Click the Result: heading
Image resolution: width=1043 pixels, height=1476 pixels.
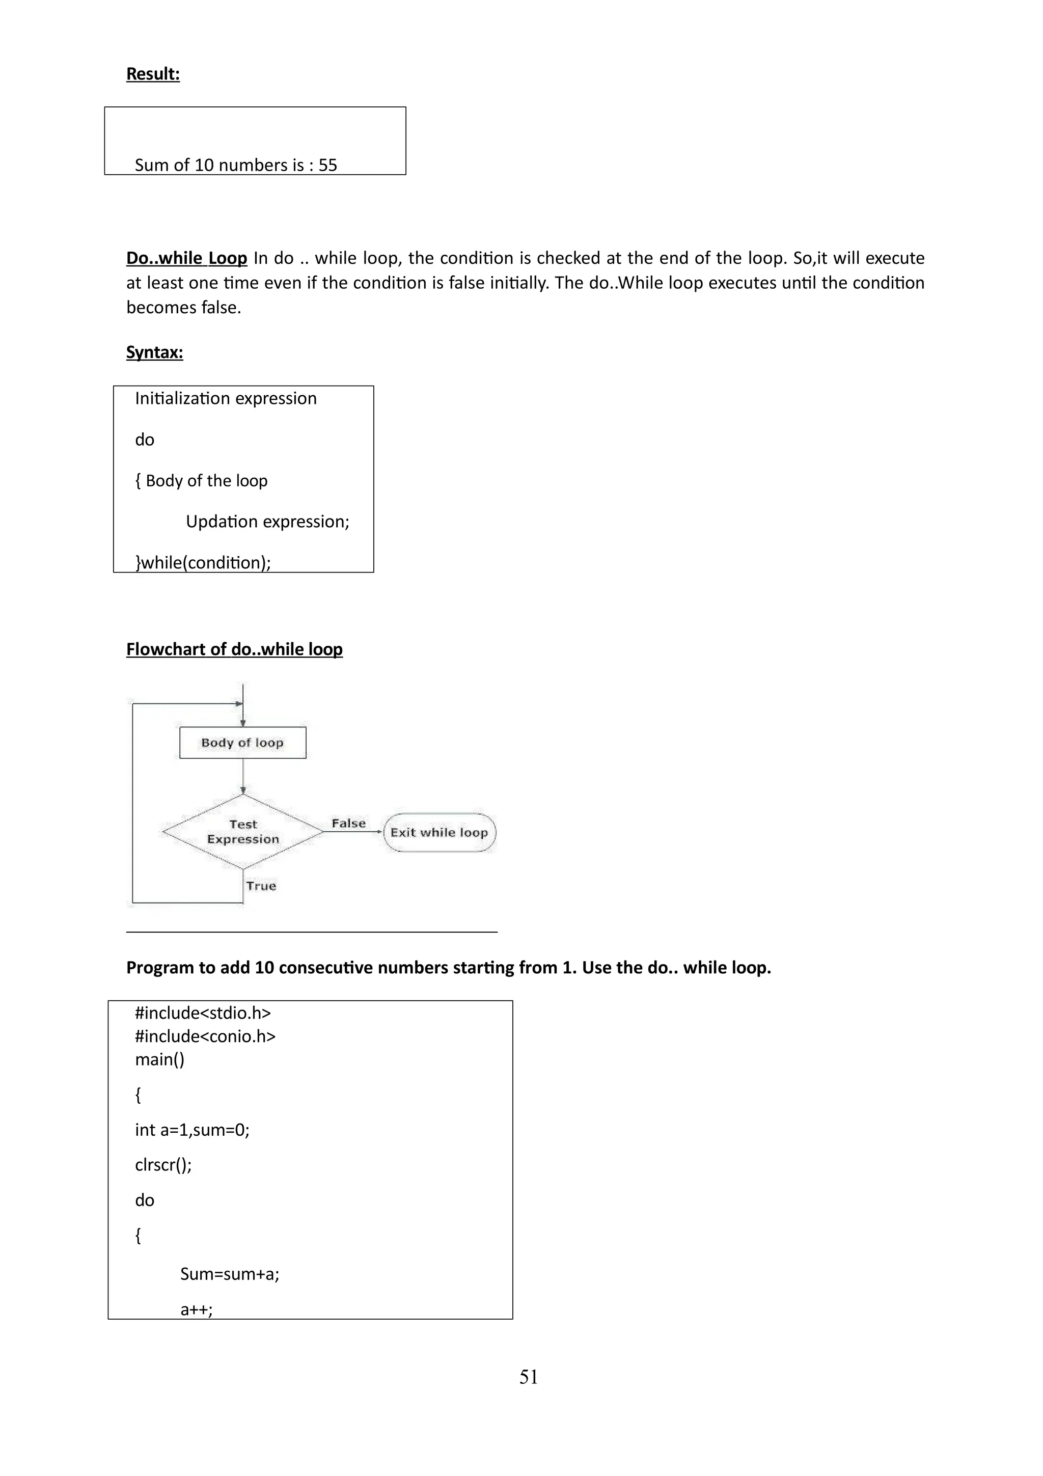152,74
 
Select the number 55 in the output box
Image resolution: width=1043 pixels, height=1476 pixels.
328,165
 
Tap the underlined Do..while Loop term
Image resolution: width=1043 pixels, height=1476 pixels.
186,258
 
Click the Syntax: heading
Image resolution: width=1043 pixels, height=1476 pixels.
154,352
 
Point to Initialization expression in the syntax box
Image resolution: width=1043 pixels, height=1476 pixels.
226,399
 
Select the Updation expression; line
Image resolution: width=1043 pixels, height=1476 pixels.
267,522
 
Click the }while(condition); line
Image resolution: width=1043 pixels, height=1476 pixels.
203,562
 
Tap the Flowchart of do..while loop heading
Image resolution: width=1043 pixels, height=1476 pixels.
234,649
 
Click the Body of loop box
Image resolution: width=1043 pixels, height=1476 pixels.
242,743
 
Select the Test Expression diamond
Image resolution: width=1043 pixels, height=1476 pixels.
243,832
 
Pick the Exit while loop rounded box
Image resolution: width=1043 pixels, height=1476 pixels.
440,833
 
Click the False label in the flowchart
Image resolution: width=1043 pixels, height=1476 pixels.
348,824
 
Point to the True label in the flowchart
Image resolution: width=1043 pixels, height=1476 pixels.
261,886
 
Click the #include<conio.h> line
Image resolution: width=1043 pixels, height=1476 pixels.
205,1036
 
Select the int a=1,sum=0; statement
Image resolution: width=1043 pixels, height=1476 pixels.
192,1130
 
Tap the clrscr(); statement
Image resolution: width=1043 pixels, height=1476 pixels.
163,1165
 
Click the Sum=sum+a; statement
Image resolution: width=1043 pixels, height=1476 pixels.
229,1273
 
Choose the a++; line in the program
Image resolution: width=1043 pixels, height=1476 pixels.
196,1309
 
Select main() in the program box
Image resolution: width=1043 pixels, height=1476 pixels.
159,1059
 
